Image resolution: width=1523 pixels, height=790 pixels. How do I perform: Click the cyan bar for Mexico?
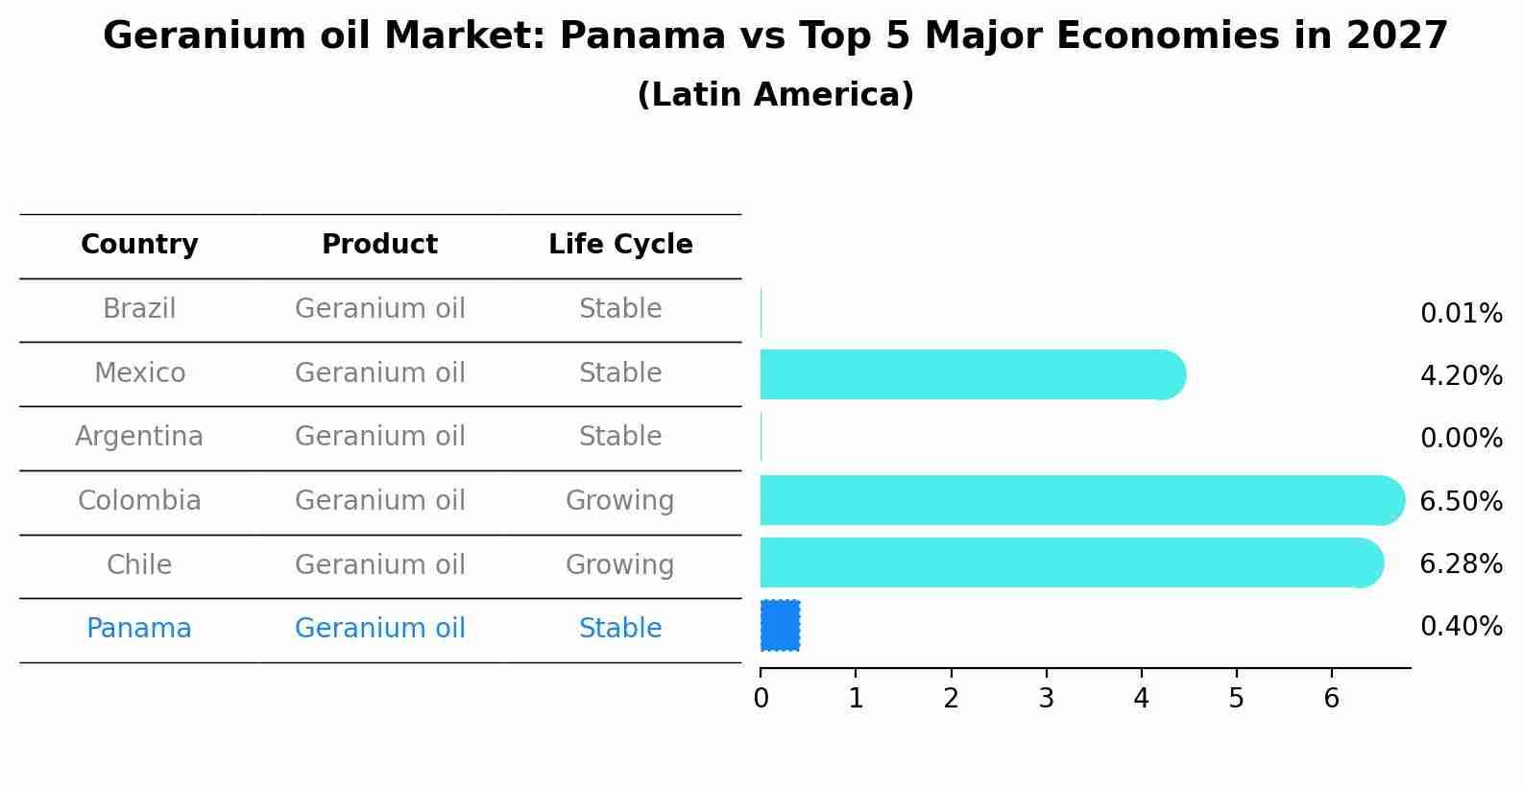(x=970, y=374)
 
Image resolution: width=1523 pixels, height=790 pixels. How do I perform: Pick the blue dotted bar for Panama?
(x=780, y=626)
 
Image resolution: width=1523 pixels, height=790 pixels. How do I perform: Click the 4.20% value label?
(x=1461, y=375)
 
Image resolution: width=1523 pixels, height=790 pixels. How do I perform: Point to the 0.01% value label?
(x=1461, y=314)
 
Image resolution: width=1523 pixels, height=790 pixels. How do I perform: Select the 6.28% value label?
(x=1461, y=563)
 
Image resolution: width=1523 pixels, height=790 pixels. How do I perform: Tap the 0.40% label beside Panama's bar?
(x=1461, y=627)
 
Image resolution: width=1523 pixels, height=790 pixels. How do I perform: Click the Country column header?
(x=139, y=245)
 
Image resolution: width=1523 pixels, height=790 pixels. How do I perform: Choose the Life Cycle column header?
(x=620, y=245)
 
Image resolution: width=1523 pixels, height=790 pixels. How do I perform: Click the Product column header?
(x=379, y=245)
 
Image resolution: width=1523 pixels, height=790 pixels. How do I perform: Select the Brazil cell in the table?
(x=139, y=309)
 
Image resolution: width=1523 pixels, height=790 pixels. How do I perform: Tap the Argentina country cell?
(x=139, y=437)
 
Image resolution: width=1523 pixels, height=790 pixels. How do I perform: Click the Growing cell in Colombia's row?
(x=619, y=501)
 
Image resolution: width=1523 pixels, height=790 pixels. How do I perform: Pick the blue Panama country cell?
(x=139, y=629)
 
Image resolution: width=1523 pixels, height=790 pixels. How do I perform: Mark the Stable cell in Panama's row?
(x=619, y=629)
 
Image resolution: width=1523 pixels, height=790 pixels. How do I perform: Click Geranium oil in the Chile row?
(x=379, y=564)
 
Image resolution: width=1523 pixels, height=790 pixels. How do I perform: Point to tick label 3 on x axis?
(x=1046, y=699)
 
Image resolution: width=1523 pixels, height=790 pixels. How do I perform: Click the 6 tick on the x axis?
(x=1331, y=699)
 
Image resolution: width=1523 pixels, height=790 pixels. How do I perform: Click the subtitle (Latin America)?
(x=775, y=95)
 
